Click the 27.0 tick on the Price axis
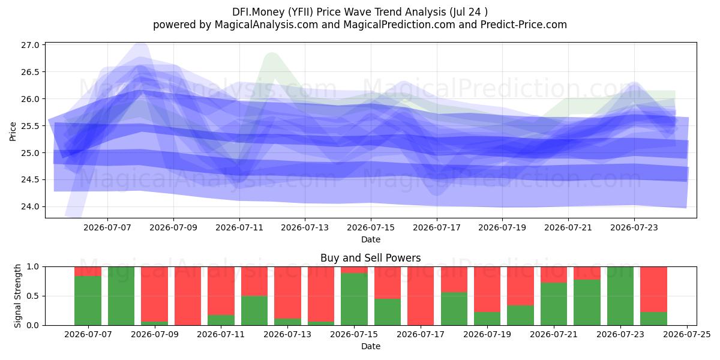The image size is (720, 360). point(30,45)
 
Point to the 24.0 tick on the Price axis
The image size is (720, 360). point(30,206)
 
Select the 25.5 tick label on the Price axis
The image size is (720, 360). point(30,125)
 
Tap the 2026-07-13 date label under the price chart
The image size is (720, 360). point(305,227)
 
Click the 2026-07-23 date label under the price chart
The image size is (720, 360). point(634,227)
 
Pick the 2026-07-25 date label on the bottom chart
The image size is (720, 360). point(687,334)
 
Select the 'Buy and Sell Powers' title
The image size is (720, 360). point(371,258)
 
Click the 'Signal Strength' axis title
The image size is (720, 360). point(17,296)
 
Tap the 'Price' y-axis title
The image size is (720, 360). point(13,131)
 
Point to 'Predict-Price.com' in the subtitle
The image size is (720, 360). point(524,25)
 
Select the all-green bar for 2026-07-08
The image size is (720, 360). point(121,296)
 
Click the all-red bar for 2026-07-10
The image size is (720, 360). point(188,296)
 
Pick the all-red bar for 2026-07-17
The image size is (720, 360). point(421,296)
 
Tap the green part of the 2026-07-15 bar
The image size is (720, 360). point(354,299)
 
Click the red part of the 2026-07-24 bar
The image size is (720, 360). point(654,289)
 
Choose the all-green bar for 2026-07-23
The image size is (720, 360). point(620,296)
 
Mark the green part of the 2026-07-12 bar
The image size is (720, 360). point(254,311)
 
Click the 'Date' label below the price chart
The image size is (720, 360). point(371,239)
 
